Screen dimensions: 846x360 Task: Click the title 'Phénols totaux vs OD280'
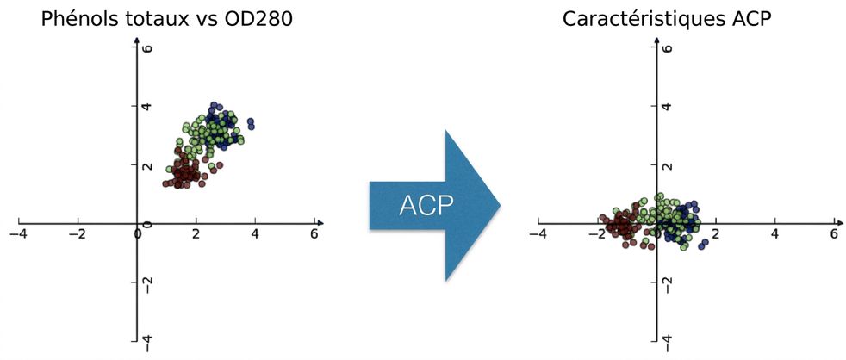pos(167,20)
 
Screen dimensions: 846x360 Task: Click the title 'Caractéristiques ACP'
pos(668,20)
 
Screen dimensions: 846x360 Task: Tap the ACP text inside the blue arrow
pos(426,206)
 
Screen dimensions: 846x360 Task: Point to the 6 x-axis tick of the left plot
pos(314,234)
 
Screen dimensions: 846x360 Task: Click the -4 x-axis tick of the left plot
pos(19,234)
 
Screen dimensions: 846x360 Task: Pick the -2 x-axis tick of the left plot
pos(78,234)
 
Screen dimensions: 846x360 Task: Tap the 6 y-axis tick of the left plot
pos(146,47)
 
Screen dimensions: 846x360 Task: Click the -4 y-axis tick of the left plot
pos(146,340)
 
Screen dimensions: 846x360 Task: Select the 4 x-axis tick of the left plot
pos(255,234)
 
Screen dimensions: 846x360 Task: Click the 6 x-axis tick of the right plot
pos(834,234)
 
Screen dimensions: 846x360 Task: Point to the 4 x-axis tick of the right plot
pos(775,234)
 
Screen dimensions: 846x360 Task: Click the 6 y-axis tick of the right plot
pos(667,47)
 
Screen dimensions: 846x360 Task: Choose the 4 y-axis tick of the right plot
pos(667,106)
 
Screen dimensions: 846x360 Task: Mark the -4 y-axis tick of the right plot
pos(667,340)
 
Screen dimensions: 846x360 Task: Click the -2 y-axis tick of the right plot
pos(667,282)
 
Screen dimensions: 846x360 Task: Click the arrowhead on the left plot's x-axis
pos(320,222)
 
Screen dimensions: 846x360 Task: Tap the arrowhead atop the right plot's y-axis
pos(656,40)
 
